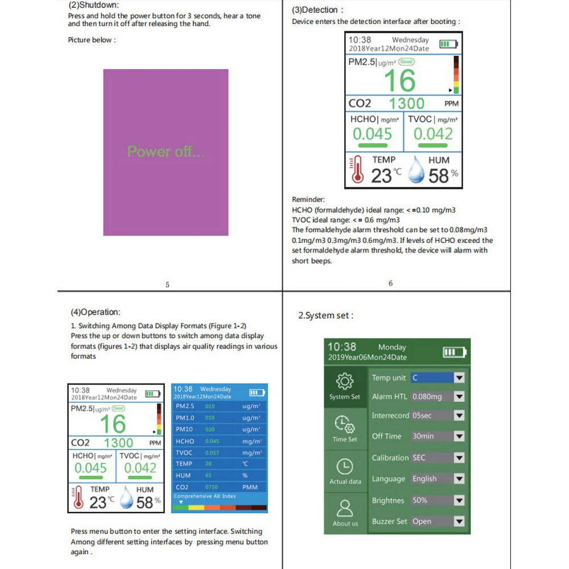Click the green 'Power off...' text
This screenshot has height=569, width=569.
click(x=166, y=151)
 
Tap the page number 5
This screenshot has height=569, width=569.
click(x=167, y=284)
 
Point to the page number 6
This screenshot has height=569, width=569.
click(x=390, y=283)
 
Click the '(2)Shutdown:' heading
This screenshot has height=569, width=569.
click(x=94, y=5)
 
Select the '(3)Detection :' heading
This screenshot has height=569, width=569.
click(x=318, y=10)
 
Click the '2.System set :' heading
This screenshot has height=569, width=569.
click(x=326, y=315)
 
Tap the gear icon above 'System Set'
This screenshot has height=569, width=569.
click(x=345, y=381)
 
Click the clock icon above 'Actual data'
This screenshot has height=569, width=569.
click(x=345, y=467)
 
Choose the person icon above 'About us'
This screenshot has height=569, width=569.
click(x=345, y=508)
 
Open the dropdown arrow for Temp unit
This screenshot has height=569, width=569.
click(x=459, y=378)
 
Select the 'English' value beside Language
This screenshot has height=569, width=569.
click(x=424, y=479)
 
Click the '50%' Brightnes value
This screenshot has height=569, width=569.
click(x=420, y=501)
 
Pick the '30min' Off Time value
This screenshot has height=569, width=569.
click(x=423, y=436)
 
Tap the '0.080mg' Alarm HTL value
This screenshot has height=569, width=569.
click(x=427, y=397)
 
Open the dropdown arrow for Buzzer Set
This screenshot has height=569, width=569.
click(x=459, y=522)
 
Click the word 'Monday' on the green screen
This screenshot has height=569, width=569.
click(x=392, y=347)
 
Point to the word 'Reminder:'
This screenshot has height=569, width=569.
click(x=308, y=200)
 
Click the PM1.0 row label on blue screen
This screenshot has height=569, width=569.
click(x=185, y=418)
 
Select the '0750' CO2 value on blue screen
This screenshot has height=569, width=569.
click(x=211, y=488)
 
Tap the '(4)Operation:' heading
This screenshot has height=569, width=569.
click(x=96, y=312)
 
